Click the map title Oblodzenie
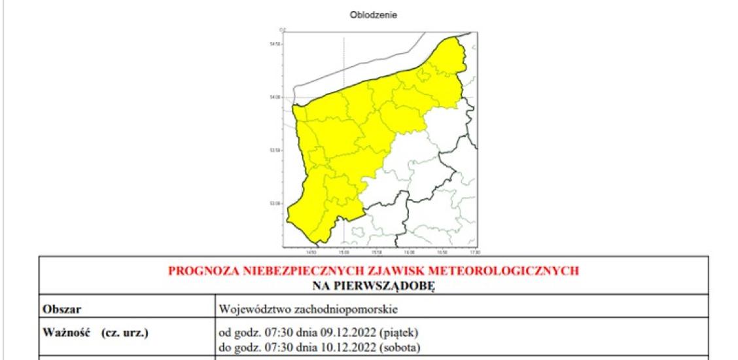[375, 14]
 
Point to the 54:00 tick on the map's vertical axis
[274, 97]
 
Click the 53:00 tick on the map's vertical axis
[274, 204]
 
